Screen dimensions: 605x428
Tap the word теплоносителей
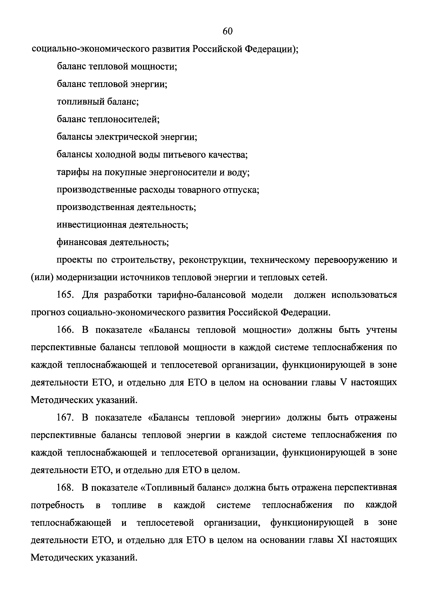pos(124,120)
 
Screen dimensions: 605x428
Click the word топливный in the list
pos(80,102)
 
